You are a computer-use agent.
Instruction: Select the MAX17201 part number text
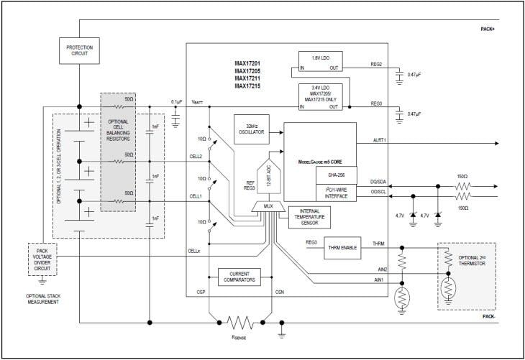point(247,63)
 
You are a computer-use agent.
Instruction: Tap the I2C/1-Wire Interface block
point(336,192)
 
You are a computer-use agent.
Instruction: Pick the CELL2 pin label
point(196,156)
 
